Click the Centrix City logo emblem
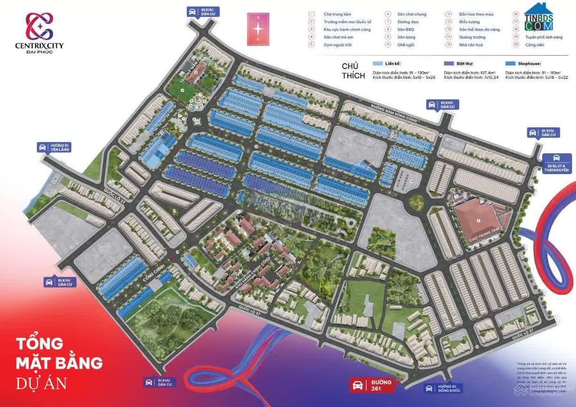tap(39, 26)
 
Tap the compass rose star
tap(259, 29)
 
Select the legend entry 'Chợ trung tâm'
tap(337, 15)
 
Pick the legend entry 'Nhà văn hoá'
tap(470, 45)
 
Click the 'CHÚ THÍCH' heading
tap(353, 71)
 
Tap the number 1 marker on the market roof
tap(478, 220)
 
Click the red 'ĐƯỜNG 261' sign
tap(372, 385)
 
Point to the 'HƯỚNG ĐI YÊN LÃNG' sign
tap(54, 147)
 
